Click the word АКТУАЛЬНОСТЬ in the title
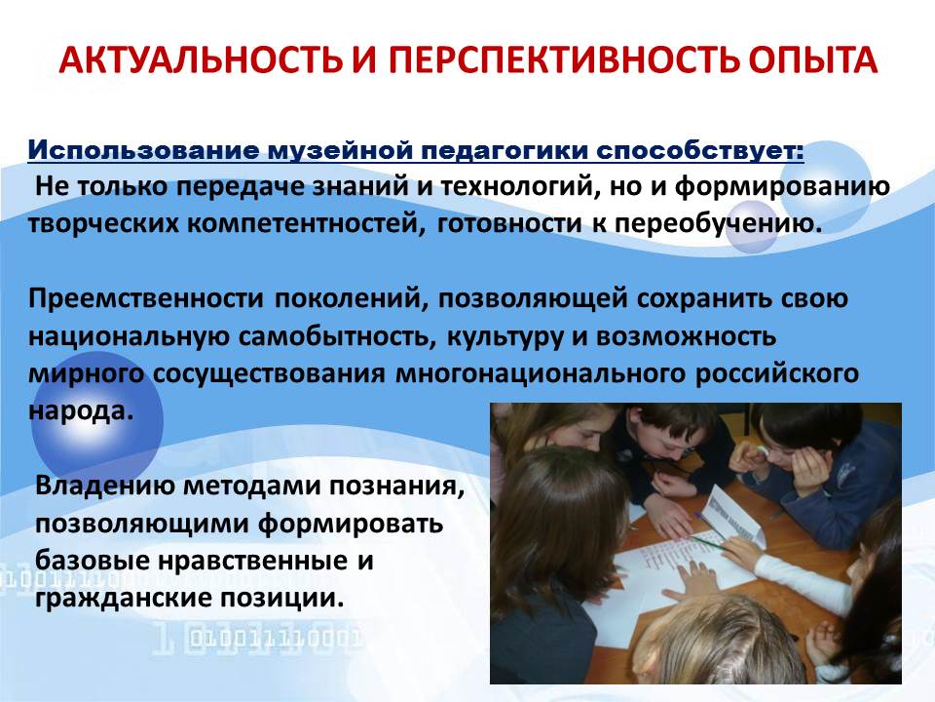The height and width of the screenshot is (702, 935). click(x=201, y=59)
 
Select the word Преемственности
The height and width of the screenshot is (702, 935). click(x=145, y=298)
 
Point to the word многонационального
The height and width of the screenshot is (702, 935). click(x=541, y=374)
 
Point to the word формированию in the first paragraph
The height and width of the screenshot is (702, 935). click(x=782, y=187)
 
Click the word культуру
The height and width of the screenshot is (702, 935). click(x=505, y=336)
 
